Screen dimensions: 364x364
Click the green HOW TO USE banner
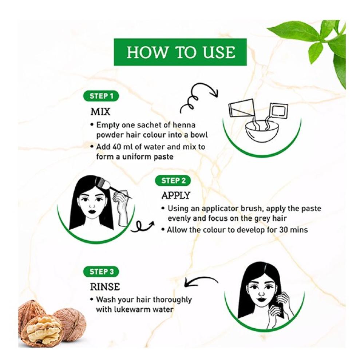pos(180,52)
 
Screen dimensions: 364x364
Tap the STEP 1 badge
pos(101,96)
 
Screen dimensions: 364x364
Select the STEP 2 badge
pos(173,181)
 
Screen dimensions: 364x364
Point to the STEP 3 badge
pos(101,272)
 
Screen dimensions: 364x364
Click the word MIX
pos(100,112)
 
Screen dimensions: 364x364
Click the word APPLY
pos(176,195)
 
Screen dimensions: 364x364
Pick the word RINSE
pos(105,287)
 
